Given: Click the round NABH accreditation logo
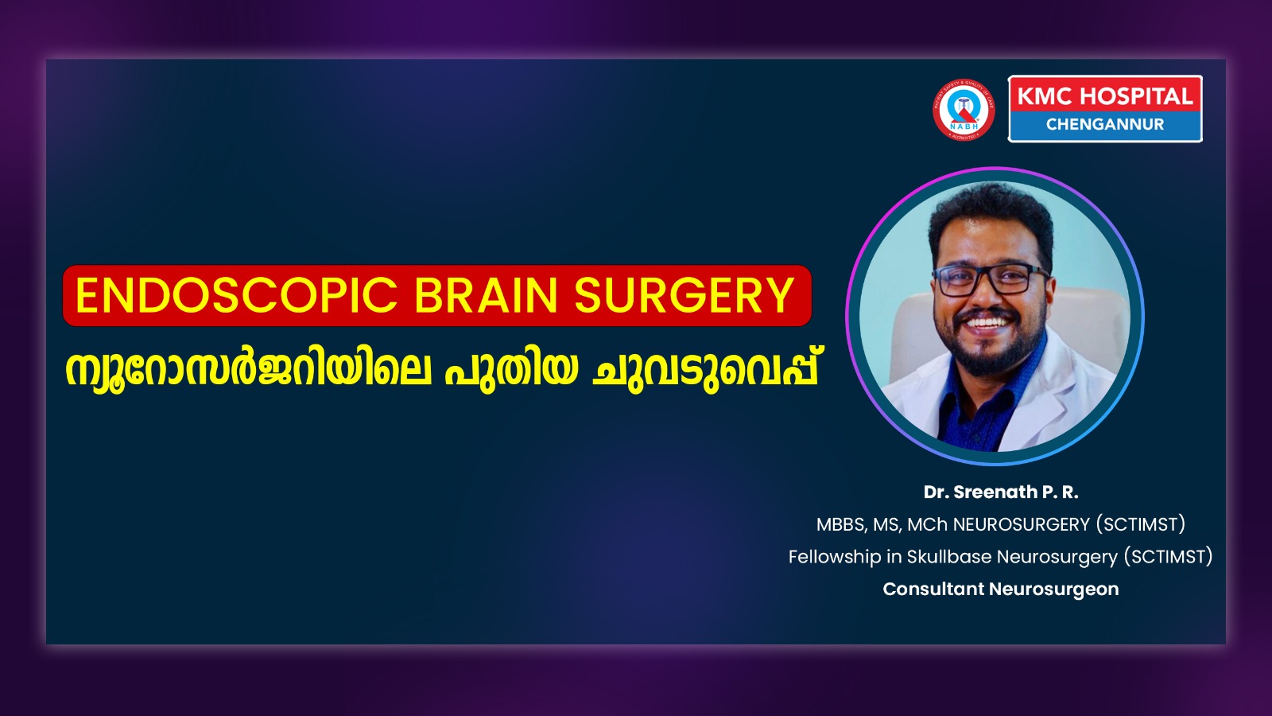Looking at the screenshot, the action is tap(964, 110).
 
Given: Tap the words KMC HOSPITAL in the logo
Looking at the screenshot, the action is tap(1105, 96).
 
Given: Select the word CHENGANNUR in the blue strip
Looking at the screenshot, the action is tap(1105, 124).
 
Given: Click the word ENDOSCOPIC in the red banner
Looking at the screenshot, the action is tap(236, 295).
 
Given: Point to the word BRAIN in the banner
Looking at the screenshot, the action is tap(486, 295).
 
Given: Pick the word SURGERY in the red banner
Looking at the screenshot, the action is tap(684, 295).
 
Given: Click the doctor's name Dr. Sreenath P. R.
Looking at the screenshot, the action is tap(1001, 492).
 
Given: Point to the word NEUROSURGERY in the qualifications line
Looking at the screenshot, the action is tap(1022, 524).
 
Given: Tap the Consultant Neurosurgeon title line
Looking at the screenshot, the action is tap(1001, 590).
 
